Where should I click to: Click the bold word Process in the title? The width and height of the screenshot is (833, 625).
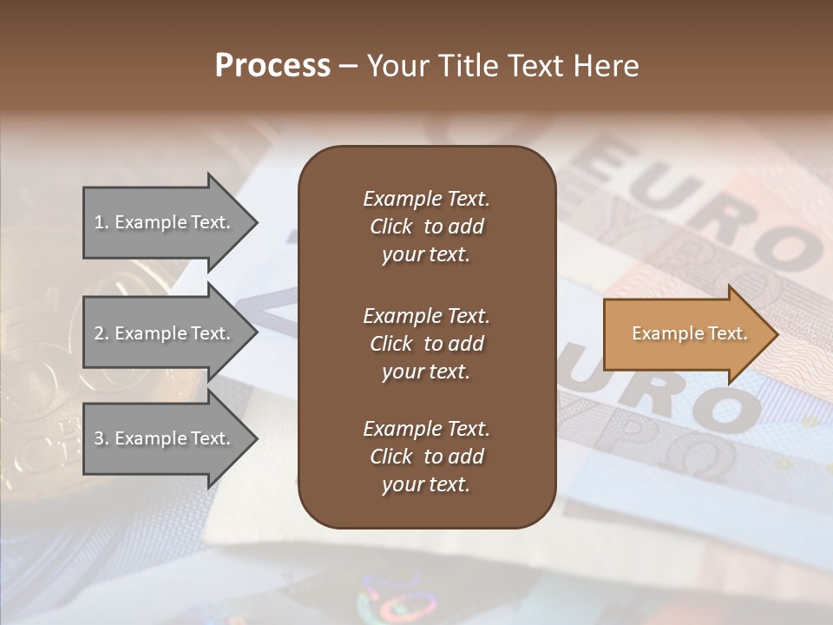(x=272, y=66)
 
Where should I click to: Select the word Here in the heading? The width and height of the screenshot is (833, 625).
(x=607, y=66)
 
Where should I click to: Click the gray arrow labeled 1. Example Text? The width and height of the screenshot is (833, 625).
(x=165, y=222)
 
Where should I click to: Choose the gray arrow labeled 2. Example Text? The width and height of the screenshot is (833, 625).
(x=165, y=333)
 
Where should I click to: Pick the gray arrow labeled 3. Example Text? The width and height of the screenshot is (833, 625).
(x=165, y=438)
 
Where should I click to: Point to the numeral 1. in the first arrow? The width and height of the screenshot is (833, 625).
(x=102, y=222)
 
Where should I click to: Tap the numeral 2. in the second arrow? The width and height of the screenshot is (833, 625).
(x=102, y=333)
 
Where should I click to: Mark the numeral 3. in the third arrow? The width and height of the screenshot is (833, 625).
(x=102, y=438)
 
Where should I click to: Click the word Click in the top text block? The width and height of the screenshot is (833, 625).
(x=391, y=227)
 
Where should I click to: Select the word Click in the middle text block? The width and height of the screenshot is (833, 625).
(x=391, y=344)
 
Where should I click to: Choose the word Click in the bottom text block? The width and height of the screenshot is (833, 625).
(x=391, y=457)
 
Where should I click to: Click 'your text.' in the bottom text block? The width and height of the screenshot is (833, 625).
(x=426, y=485)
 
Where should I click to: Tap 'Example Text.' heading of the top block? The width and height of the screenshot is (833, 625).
(x=426, y=199)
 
